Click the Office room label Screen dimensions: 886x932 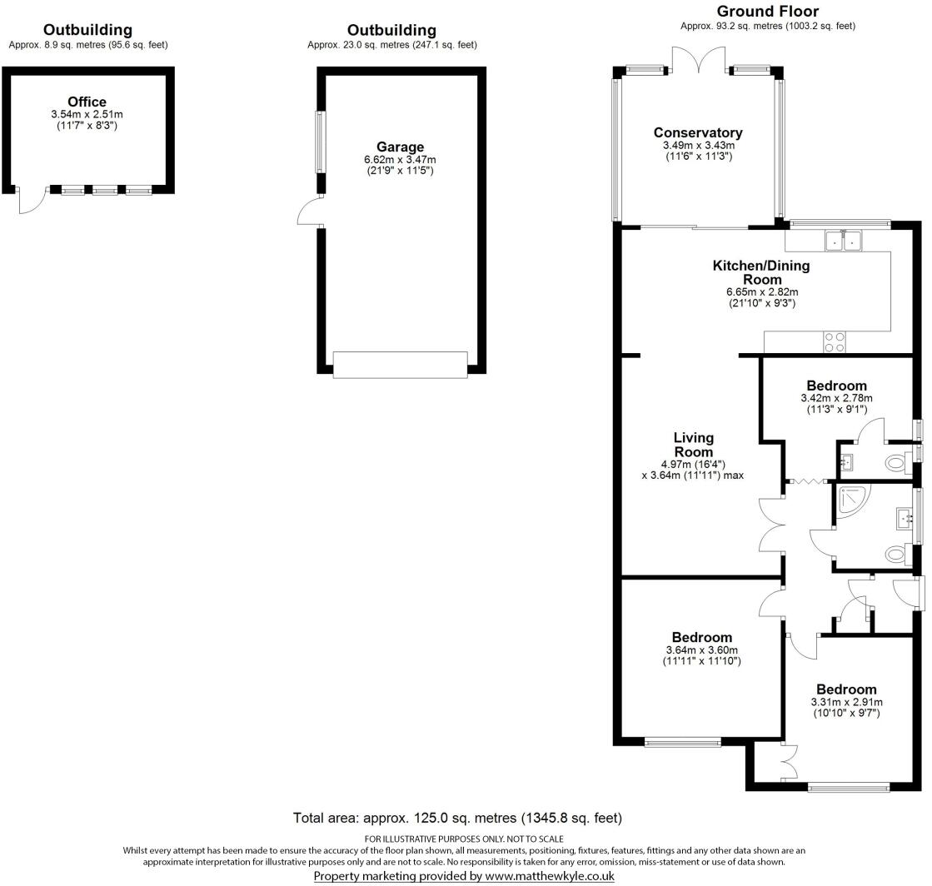click(x=87, y=102)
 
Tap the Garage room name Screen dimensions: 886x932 click(x=400, y=147)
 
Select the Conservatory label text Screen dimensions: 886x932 click(x=697, y=133)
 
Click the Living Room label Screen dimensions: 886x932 click(x=693, y=444)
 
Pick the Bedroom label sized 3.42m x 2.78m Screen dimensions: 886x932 click(x=836, y=386)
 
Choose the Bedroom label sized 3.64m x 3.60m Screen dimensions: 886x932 click(x=702, y=638)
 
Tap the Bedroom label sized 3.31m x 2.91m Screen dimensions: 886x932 click(x=846, y=689)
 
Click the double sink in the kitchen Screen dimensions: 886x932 click(x=845, y=241)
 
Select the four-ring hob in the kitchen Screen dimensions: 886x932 click(x=834, y=342)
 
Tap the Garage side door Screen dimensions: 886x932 click(x=310, y=212)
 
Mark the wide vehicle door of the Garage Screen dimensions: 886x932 click(x=400, y=364)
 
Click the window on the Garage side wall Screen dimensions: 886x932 click(x=319, y=142)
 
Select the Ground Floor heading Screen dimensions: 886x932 click(x=767, y=12)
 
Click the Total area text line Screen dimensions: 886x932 click(x=457, y=818)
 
